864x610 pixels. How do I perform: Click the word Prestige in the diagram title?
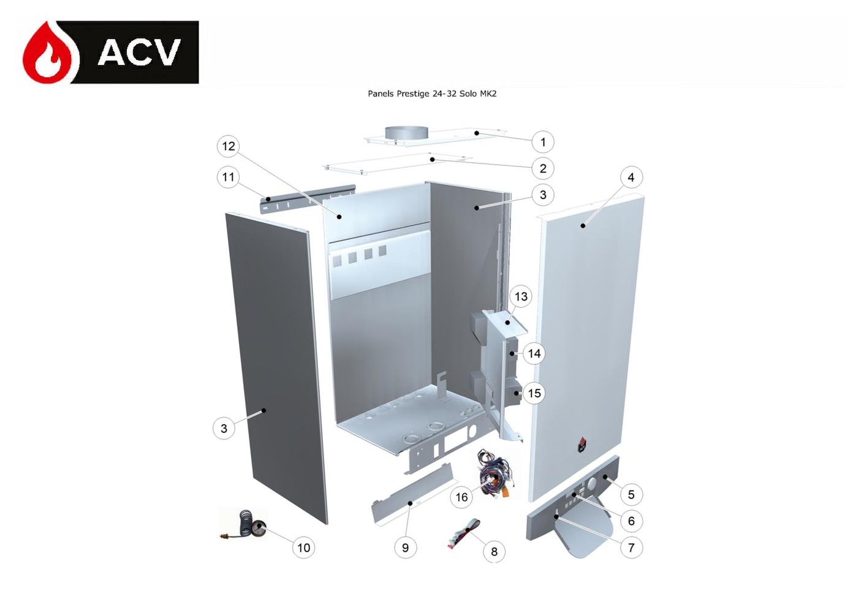(414, 94)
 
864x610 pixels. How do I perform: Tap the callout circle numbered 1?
(543, 142)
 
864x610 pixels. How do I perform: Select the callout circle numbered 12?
(229, 146)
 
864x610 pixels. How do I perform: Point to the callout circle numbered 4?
(631, 177)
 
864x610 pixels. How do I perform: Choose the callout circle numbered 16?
(461, 497)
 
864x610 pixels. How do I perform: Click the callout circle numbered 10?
(303, 548)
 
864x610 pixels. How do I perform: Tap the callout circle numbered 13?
(521, 296)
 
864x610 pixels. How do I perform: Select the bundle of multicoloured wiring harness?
(495, 474)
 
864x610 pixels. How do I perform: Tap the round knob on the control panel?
(592, 483)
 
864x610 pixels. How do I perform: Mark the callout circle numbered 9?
(405, 548)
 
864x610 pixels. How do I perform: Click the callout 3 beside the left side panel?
(224, 428)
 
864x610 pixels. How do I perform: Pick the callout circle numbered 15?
(534, 393)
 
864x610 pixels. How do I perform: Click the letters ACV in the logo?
(139, 52)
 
